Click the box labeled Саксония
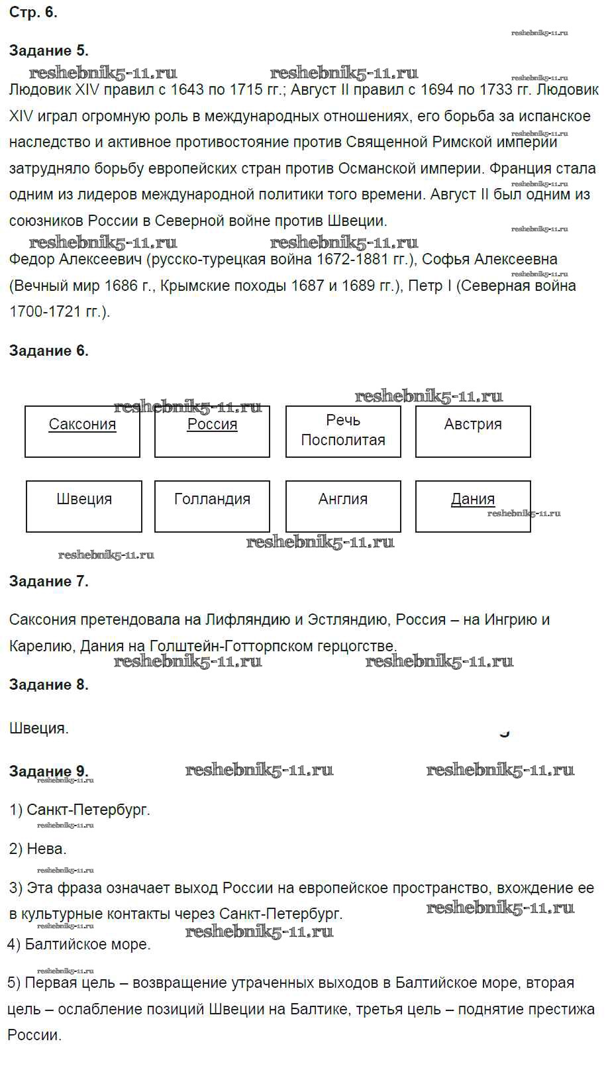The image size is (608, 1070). (x=82, y=431)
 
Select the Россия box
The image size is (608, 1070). (x=212, y=431)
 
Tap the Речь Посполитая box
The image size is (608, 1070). (x=343, y=431)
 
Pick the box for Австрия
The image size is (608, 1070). (x=473, y=431)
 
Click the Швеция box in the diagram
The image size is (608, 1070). (x=84, y=506)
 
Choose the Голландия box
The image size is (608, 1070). (x=212, y=506)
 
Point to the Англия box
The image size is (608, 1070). (x=343, y=506)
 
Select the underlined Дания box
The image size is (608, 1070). (x=473, y=506)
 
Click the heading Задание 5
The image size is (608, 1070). (x=49, y=51)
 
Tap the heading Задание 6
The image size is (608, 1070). (x=49, y=351)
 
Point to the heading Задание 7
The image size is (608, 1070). (x=49, y=582)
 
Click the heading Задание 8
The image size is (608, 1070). (x=49, y=685)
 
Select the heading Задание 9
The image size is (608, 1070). (x=49, y=772)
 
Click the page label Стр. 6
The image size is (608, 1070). (x=33, y=13)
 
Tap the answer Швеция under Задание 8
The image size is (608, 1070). (x=39, y=729)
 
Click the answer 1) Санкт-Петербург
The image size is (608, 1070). (x=80, y=810)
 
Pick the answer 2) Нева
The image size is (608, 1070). (x=38, y=849)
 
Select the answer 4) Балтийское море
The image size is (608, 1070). (x=79, y=945)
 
